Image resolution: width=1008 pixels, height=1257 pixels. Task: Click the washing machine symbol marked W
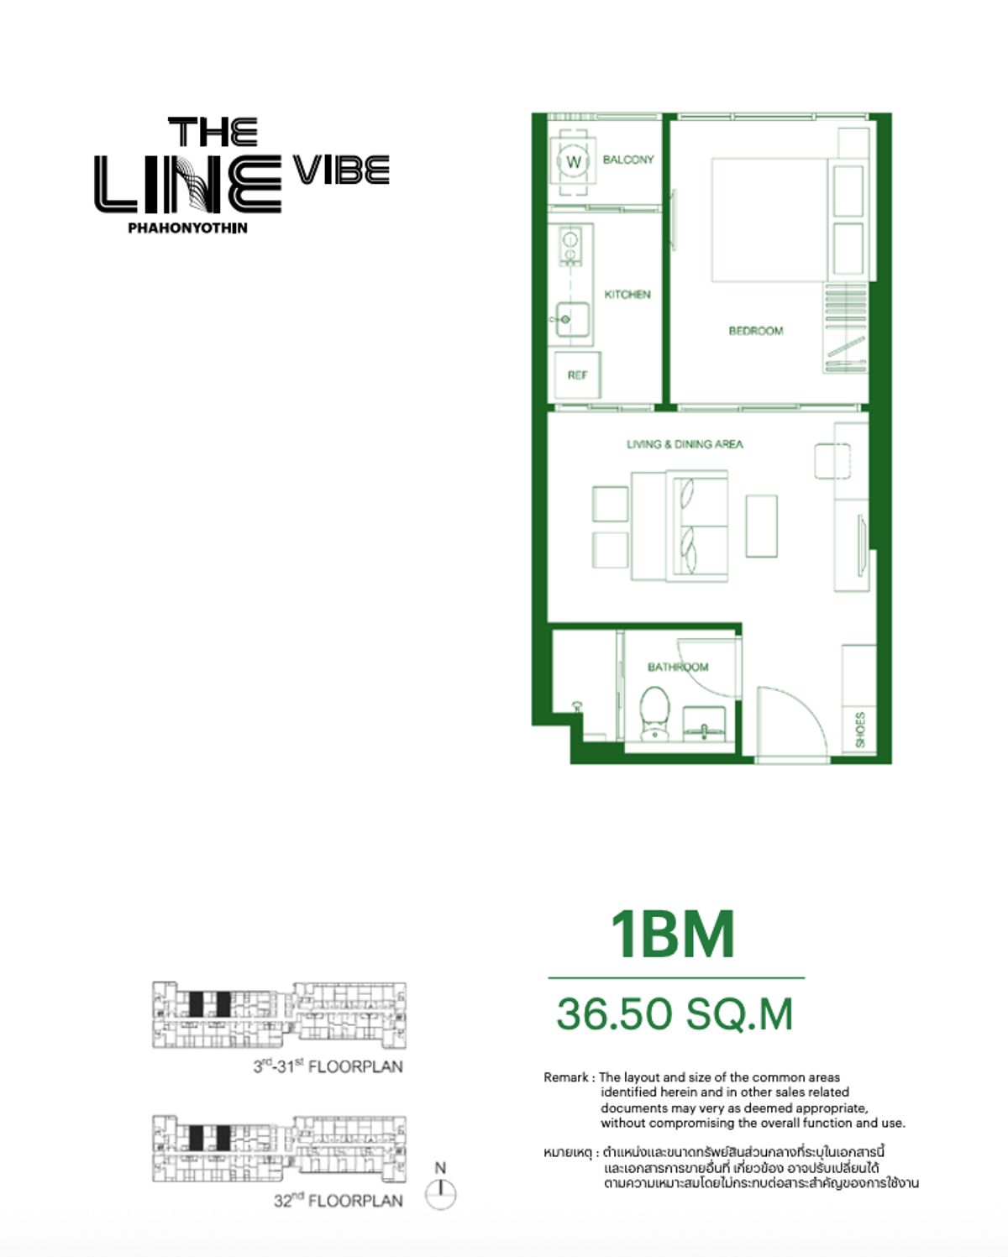tap(574, 161)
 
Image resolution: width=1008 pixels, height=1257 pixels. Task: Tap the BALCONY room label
tap(627, 160)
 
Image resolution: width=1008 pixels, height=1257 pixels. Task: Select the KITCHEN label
tap(627, 295)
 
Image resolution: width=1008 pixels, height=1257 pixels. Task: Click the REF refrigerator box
tap(577, 375)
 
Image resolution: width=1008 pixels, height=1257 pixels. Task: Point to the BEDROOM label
tap(755, 331)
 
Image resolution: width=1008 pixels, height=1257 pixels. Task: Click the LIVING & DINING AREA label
tap(685, 444)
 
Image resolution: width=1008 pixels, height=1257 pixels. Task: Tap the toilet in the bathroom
tap(654, 713)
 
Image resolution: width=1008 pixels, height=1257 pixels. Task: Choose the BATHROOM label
tap(677, 668)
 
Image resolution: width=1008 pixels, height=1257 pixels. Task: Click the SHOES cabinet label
tap(859, 730)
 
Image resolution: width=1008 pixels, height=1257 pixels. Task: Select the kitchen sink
tap(571, 319)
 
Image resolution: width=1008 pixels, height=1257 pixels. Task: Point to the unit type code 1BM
tap(672, 934)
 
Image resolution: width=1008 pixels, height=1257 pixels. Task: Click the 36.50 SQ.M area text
tap(675, 1013)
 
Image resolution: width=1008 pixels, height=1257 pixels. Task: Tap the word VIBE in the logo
tap(342, 170)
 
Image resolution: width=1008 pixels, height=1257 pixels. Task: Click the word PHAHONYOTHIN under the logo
tap(187, 228)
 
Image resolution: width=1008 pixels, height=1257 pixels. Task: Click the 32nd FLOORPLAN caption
tap(338, 1201)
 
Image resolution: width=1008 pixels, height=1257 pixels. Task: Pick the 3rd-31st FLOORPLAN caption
tap(328, 1066)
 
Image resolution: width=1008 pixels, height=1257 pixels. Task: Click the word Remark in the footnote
tap(566, 1077)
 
